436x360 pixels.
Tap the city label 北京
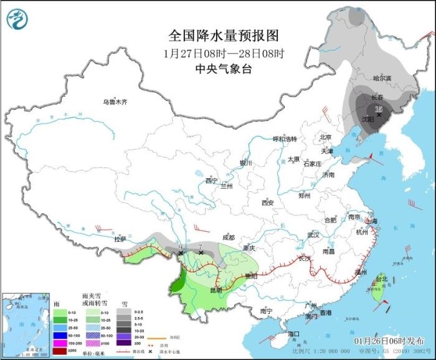325,136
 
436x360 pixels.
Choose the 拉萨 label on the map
120,239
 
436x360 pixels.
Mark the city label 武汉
313,235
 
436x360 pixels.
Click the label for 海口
294,334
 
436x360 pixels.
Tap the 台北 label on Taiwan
381,278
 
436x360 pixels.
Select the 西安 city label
268,202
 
